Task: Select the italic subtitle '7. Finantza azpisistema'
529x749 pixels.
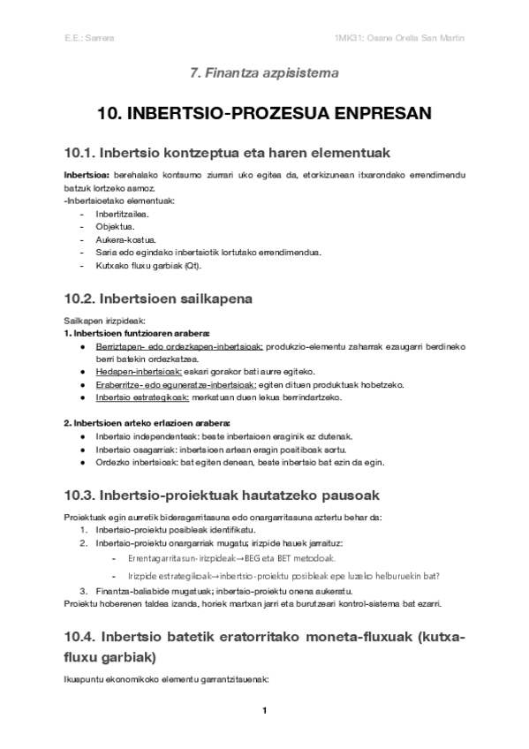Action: pyautogui.click(x=264, y=74)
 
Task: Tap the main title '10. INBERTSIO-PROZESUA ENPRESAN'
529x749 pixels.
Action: pyautogui.click(x=264, y=114)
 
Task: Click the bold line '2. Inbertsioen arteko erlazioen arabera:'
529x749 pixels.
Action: pyautogui.click(x=146, y=423)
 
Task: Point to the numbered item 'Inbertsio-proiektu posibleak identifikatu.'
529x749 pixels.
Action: pyautogui.click(x=168, y=529)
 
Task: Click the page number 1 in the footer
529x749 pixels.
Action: pyautogui.click(x=264, y=710)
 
